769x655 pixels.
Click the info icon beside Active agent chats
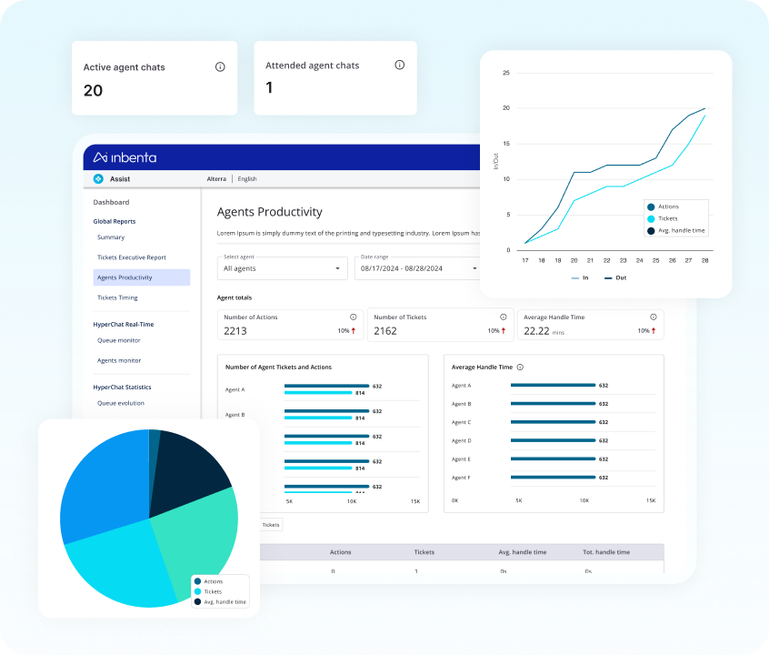click(x=220, y=67)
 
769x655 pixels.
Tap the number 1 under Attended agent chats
click(x=269, y=88)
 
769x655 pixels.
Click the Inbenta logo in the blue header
click(x=125, y=157)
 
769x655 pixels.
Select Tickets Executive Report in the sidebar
click(x=132, y=257)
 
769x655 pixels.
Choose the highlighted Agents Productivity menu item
click(x=141, y=277)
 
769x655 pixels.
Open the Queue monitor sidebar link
click(x=119, y=340)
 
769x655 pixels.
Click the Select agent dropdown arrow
click(x=337, y=268)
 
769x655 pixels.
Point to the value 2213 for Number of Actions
click(x=235, y=331)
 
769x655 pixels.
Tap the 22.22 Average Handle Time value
click(x=536, y=331)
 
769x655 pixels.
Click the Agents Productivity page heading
click(x=269, y=212)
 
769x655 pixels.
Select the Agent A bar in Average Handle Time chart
click(x=553, y=386)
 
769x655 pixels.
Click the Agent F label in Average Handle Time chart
click(x=461, y=478)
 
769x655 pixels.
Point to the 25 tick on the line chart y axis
click(x=505, y=73)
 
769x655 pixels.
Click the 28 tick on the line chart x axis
click(x=704, y=260)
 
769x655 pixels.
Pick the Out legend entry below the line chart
click(x=614, y=277)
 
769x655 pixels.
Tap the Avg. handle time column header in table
click(x=522, y=552)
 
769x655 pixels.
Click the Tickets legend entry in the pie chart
click(x=212, y=591)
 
